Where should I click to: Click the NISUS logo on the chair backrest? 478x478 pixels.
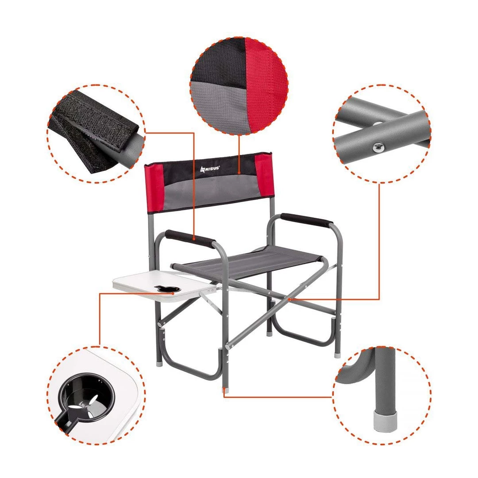coord(210,168)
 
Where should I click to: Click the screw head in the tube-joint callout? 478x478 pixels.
coord(378,147)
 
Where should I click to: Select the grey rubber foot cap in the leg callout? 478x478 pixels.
coord(385,420)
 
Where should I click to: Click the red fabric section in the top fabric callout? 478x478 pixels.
coord(265,86)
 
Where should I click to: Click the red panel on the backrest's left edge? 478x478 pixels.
coord(155,189)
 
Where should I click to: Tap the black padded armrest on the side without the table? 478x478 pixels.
coord(306,220)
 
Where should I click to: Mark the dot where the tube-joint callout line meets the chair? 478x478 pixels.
coord(290,299)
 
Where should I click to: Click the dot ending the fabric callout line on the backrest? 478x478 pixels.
coord(239,172)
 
